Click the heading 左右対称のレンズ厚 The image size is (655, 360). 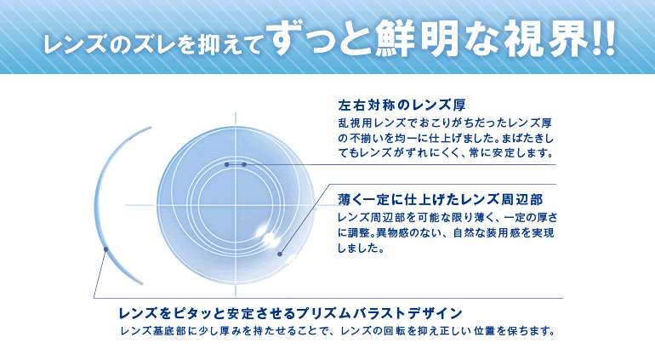(x=402, y=106)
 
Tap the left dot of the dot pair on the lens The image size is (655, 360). (x=228, y=163)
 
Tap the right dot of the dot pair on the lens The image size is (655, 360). (x=244, y=163)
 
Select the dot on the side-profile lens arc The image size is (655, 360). (x=105, y=249)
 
